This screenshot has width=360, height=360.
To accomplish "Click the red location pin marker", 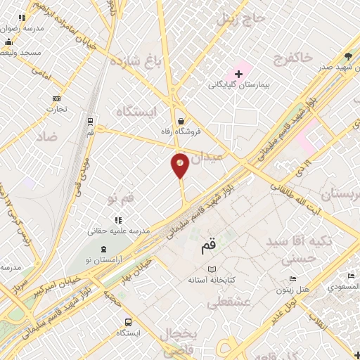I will [180, 165].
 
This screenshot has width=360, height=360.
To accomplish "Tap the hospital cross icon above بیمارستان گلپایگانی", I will [238, 74].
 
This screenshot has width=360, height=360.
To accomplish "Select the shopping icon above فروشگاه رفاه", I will [181, 120].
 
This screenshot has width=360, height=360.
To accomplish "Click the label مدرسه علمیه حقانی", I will [119, 231].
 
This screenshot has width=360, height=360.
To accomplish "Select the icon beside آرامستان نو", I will [104, 250].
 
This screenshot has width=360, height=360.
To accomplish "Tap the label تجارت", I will [57, 109].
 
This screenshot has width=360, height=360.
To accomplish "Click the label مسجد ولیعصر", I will [21, 53].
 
